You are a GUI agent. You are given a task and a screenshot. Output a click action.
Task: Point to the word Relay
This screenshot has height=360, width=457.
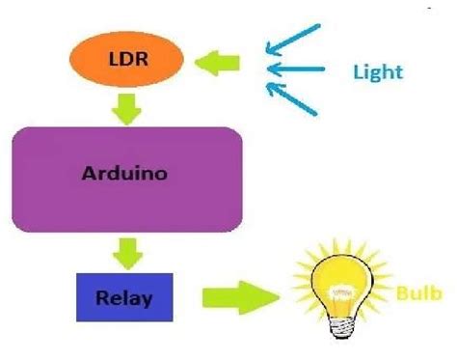point(124,296)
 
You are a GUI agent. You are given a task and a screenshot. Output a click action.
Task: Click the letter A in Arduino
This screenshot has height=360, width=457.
point(89,176)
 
